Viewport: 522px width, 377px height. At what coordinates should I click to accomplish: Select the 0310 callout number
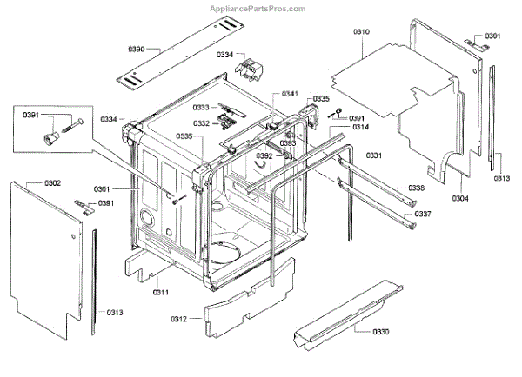point(362,32)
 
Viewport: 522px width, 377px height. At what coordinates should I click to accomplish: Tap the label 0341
point(290,94)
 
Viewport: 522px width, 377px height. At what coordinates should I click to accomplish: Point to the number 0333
point(202,108)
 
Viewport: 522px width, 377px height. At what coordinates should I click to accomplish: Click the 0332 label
point(202,124)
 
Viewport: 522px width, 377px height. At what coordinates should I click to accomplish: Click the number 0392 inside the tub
point(264,156)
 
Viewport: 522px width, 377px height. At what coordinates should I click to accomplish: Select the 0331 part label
point(373,155)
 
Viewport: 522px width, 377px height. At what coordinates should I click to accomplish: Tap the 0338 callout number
point(417,188)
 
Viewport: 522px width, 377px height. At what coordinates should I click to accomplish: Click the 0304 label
point(459,198)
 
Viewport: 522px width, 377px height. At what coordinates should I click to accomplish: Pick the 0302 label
point(53,183)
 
